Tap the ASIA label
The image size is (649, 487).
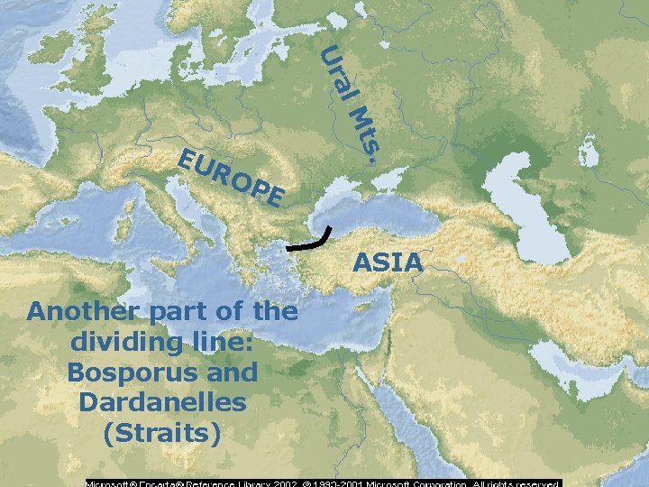[x=388, y=262]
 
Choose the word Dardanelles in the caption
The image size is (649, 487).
[x=162, y=402]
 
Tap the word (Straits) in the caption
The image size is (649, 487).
[x=162, y=433]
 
